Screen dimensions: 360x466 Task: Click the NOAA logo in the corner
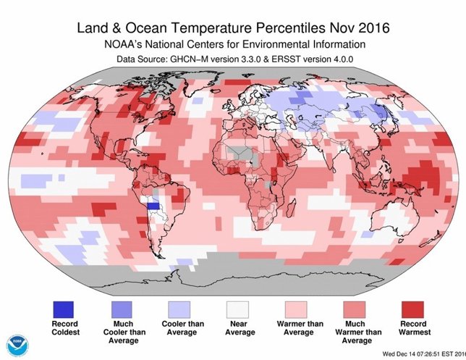click(x=15, y=346)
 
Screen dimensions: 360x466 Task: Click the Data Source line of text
click(x=233, y=61)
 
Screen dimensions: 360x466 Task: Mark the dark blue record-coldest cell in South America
click(x=153, y=206)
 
